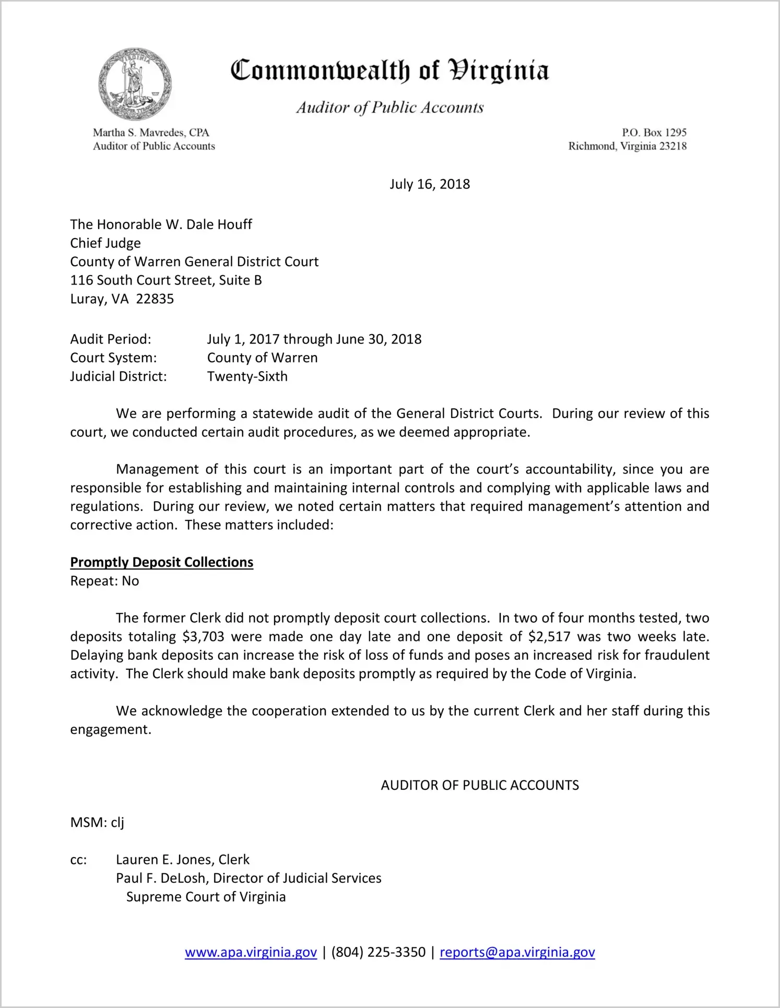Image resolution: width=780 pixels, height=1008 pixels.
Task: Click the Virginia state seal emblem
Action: coord(135,84)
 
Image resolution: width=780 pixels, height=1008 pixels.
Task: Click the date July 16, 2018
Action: coord(429,184)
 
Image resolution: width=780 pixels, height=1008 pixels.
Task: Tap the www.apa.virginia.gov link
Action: coord(251,952)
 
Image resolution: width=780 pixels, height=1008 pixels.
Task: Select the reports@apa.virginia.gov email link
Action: coord(517,952)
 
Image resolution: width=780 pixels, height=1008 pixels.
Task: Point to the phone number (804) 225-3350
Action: coord(378,952)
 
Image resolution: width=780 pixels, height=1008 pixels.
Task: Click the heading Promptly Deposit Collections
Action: coord(161,562)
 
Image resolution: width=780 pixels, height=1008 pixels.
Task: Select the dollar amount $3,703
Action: coord(203,637)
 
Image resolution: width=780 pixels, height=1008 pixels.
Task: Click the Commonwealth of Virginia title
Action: coord(389,70)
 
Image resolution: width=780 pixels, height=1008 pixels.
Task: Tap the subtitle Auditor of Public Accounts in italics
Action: coord(389,108)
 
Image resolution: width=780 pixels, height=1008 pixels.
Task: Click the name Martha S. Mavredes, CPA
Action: coord(151,133)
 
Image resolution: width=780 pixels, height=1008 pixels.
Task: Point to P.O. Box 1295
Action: coord(654,133)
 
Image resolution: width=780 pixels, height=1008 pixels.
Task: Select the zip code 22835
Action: coord(155,299)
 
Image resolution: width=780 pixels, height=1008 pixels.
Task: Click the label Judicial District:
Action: coord(119,376)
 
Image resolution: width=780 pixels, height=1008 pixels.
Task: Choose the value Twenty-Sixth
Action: coord(247,376)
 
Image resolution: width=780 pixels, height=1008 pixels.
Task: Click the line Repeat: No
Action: coord(104,581)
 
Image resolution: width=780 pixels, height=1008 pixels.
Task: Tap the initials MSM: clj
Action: coord(97,823)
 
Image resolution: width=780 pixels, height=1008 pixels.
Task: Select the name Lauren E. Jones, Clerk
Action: coord(182,860)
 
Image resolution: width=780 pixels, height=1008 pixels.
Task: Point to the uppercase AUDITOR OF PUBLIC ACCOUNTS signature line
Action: coord(479,785)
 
